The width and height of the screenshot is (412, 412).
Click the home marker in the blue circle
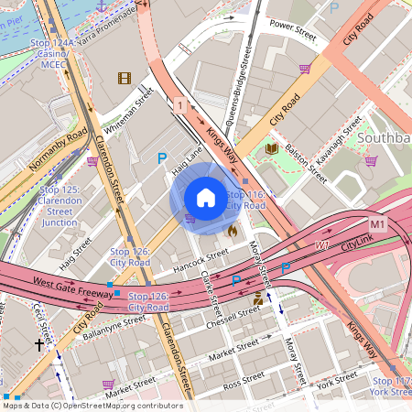pos(206,198)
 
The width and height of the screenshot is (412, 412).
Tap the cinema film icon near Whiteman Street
pos(125,78)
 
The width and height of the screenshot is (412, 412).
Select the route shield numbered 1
pos(180,107)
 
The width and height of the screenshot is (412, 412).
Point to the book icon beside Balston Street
pos(271,148)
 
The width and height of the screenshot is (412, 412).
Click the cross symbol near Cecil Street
pos(38,345)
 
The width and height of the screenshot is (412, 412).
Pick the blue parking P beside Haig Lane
pos(162,158)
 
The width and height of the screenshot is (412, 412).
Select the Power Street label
pos(293,27)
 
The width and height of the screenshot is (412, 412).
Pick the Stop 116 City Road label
pos(245,200)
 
